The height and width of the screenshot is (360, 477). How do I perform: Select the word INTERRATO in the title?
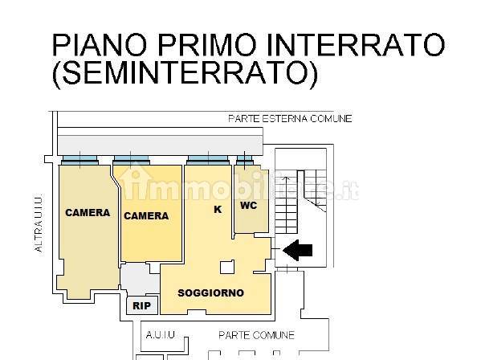coord(355,45)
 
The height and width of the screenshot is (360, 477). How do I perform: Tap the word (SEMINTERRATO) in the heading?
coord(185,73)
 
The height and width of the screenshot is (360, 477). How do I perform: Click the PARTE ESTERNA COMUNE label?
coord(290,118)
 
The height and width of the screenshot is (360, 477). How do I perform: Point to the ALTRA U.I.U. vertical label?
coord(39,223)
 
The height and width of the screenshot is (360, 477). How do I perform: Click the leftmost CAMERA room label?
coord(88,213)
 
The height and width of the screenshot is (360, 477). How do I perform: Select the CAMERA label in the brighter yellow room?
coord(146,215)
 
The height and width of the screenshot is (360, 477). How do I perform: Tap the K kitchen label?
coord(218,210)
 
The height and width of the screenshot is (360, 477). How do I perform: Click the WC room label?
coord(249,206)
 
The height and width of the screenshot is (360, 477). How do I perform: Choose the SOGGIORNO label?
coord(211,293)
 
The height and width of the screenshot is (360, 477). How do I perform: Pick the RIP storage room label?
coord(142,305)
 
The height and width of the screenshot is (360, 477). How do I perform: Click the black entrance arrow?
coord(297,250)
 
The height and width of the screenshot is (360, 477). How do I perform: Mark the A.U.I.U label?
coord(161,335)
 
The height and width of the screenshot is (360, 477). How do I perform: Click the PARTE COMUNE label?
coord(256,335)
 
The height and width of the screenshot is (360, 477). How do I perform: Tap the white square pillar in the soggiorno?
coord(227,267)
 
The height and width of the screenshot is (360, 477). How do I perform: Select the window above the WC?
coord(245,160)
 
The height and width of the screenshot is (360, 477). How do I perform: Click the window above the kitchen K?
coord(208,160)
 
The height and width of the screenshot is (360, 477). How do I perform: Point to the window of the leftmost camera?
coord(79,160)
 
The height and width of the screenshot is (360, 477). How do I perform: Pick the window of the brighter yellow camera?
coord(131,160)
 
